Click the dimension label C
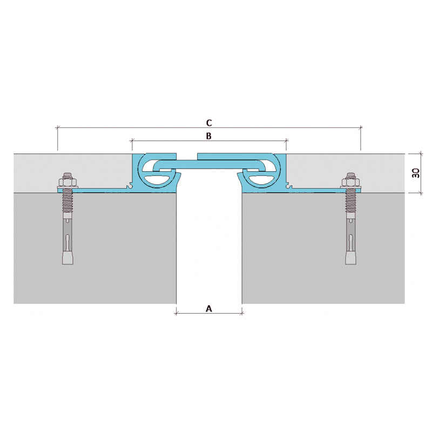click(x=209, y=123)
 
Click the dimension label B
click(x=209, y=136)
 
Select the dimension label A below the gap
click(x=209, y=309)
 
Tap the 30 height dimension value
click(x=416, y=173)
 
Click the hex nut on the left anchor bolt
click(x=67, y=182)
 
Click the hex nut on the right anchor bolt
click(x=350, y=182)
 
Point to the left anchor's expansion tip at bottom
click(x=67, y=257)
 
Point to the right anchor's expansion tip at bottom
click(x=350, y=257)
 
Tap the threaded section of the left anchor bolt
click(x=67, y=200)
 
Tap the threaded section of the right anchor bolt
click(x=350, y=200)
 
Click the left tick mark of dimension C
click(x=58, y=127)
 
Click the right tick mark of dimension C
click(x=360, y=127)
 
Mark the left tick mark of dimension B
click(x=132, y=141)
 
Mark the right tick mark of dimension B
click(x=286, y=141)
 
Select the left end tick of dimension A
click(x=177, y=313)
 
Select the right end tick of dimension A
click(x=242, y=313)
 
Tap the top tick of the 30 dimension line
click(x=421, y=154)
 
